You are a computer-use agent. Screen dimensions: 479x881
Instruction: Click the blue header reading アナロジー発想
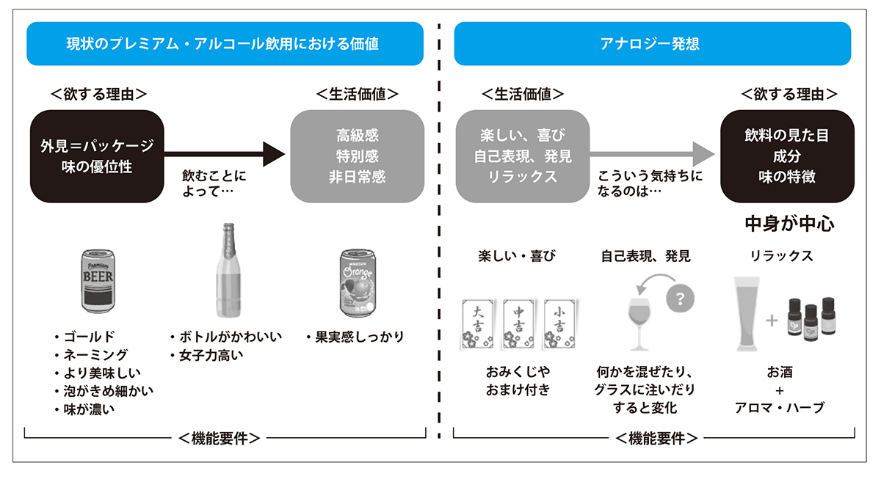tap(652, 44)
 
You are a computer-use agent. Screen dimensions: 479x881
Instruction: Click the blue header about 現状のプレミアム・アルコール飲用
tap(225, 44)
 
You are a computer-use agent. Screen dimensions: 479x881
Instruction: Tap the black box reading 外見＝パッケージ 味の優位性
tap(97, 156)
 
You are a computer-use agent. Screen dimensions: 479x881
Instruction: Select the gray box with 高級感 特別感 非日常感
tap(356, 156)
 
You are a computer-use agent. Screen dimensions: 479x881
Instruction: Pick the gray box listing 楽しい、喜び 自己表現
tap(522, 156)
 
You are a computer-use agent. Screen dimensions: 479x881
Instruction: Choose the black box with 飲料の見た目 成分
tap(786, 156)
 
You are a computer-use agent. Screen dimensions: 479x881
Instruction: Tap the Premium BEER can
tap(98, 280)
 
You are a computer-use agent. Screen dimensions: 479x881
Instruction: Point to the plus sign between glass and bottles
tap(771, 321)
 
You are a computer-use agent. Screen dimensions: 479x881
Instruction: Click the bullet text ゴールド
tap(88, 337)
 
